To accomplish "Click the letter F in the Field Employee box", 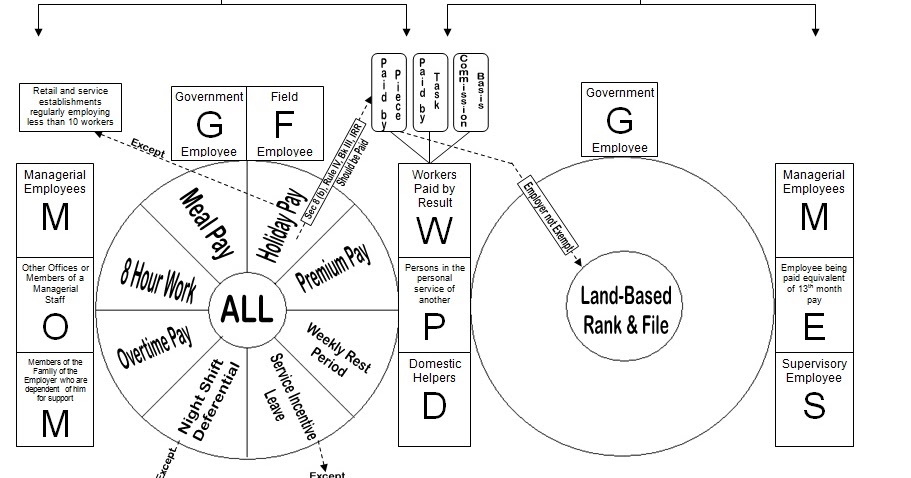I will (284, 124).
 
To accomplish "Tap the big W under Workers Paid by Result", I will (433, 229).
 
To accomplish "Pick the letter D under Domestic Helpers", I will (433, 406).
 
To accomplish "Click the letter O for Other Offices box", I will (56, 326).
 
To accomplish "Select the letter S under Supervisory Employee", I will (814, 406).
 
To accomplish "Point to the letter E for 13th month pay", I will (814, 326).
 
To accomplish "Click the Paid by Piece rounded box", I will (390, 93).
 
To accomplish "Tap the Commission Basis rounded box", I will (470, 91).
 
